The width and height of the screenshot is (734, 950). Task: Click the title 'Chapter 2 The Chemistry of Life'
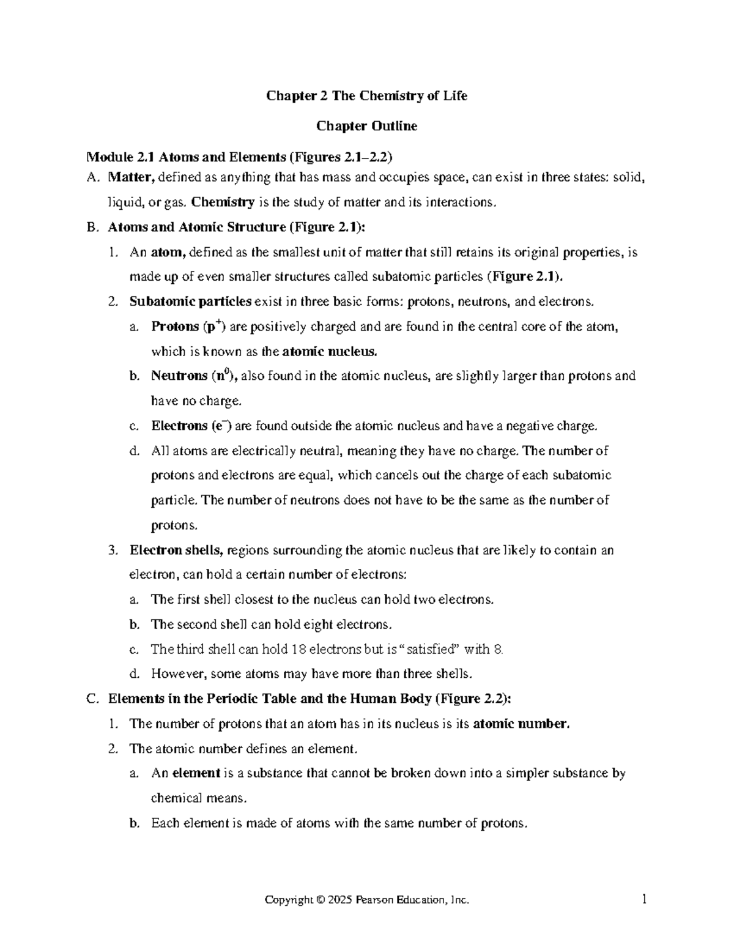pyautogui.click(x=366, y=96)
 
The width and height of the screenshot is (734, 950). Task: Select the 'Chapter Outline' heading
pyautogui.click(x=366, y=127)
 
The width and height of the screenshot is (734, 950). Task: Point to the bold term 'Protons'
pyautogui.click(x=175, y=327)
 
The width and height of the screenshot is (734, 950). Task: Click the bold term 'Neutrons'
pyautogui.click(x=179, y=376)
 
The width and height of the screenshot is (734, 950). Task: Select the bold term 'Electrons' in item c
pyautogui.click(x=179, y=426)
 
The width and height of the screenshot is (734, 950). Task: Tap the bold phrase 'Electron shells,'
pyautogui.click(x=176, y=550)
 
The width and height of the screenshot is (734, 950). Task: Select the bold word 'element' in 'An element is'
pyautogui.click(x=196, y=773)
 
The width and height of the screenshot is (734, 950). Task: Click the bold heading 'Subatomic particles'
pyautogui.click(x=190, y=302)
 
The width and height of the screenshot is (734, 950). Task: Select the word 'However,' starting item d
pyautogui.click(x=174, y=674)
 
